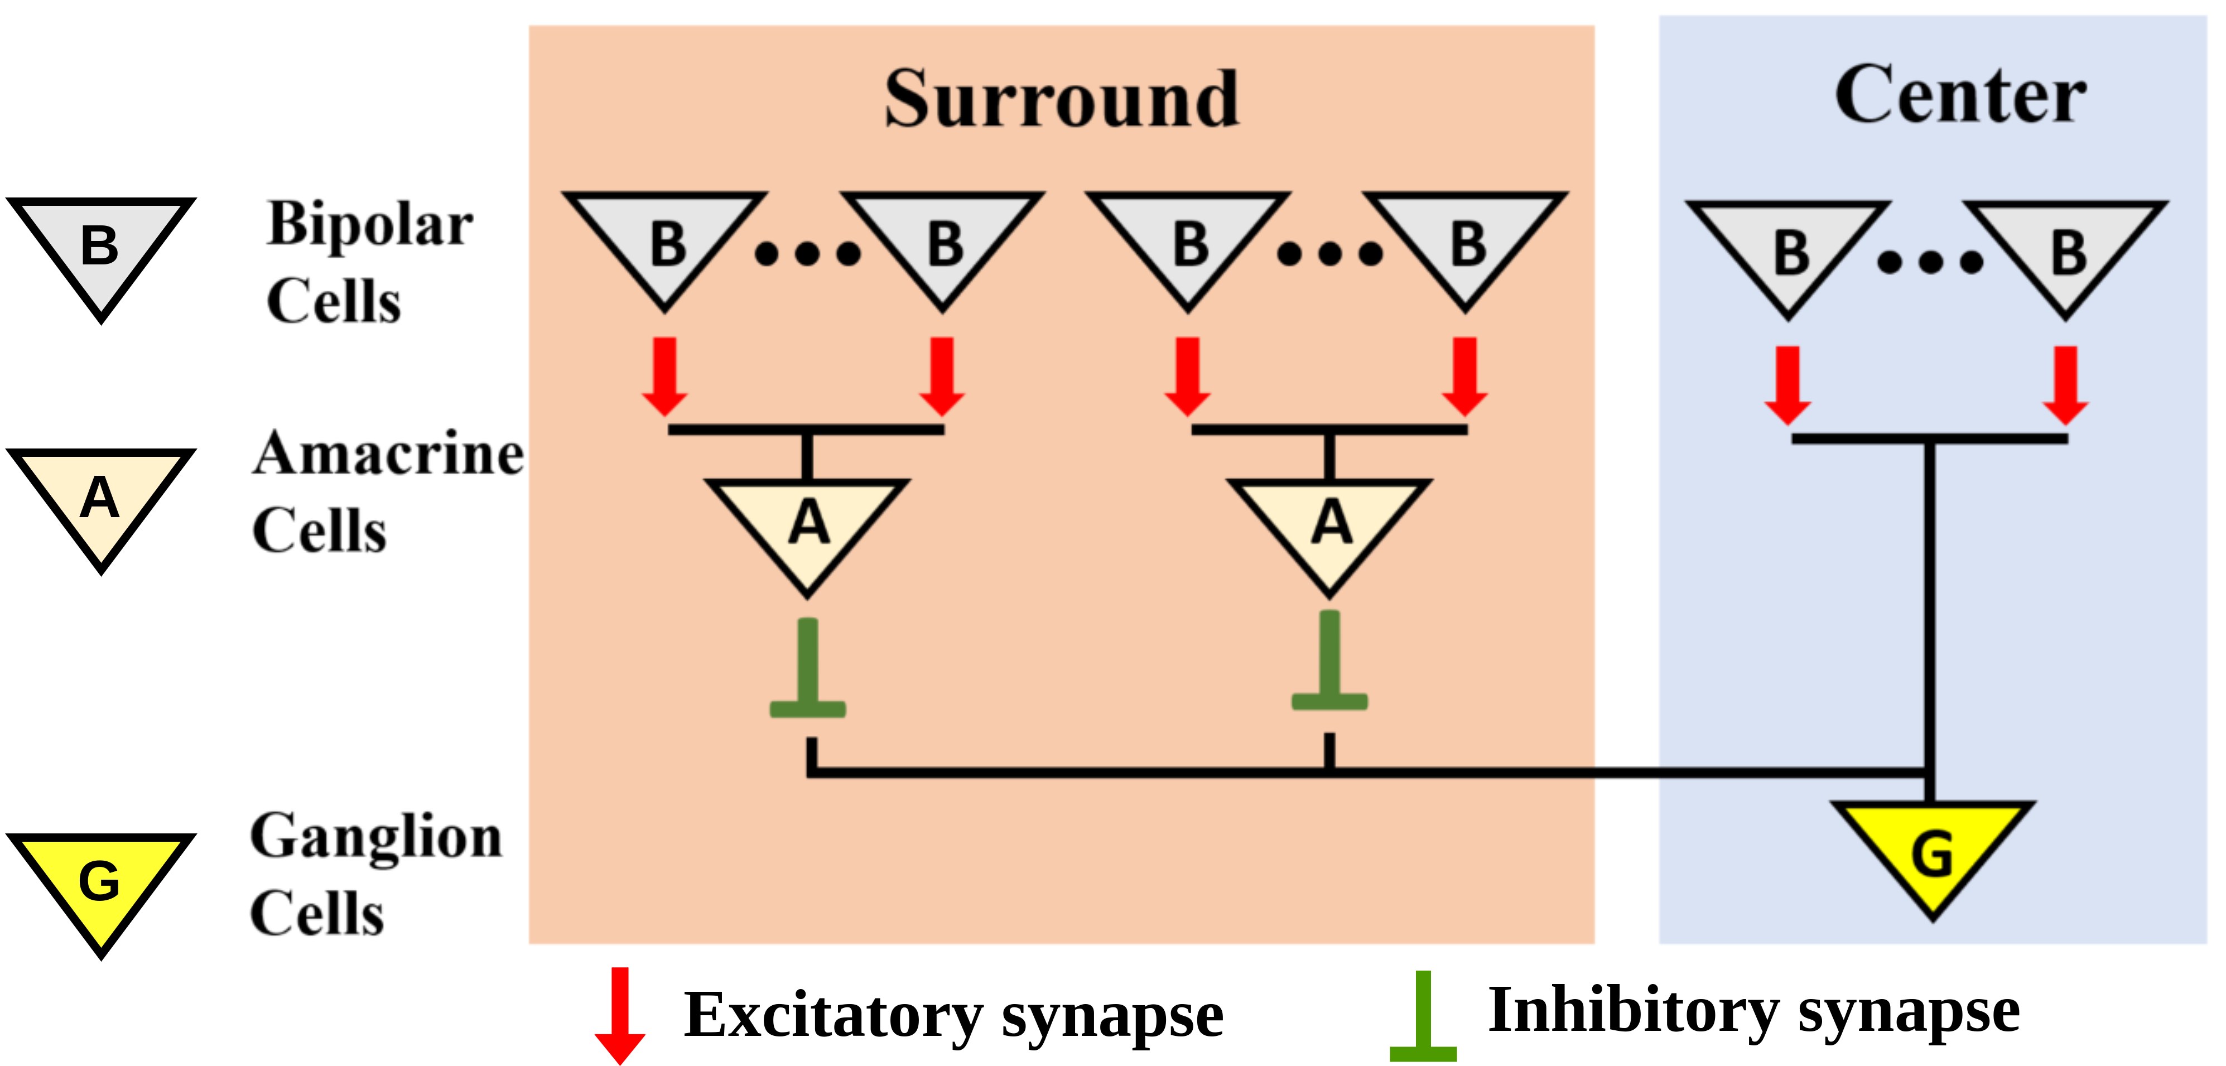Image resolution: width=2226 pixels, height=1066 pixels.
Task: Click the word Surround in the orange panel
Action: click(1061, 99)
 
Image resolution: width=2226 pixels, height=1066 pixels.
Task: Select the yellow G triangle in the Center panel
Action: click(1932, 851)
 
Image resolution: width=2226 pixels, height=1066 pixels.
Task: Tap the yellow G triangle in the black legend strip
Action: click(101, 881)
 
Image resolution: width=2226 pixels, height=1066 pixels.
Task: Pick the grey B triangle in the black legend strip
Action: click(101, 246)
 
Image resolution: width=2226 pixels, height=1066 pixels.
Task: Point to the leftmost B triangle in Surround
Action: click(666, 242)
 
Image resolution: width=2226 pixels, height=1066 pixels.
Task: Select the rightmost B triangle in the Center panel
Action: click(2067, 250)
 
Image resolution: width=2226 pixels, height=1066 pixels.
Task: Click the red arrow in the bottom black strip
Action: click(620, 1015)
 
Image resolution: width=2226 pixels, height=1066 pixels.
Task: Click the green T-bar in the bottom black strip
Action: click(1423, 1019)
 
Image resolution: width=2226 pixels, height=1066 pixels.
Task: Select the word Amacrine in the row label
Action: click(387, 454)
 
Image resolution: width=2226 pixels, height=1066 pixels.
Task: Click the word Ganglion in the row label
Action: click(376, 836)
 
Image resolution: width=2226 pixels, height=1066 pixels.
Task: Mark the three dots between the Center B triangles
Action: click(1930, 261)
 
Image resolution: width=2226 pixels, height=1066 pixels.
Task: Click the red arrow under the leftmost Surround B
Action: click(664, 376)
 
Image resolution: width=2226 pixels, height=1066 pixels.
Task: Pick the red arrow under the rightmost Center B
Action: click(2065, 384)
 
